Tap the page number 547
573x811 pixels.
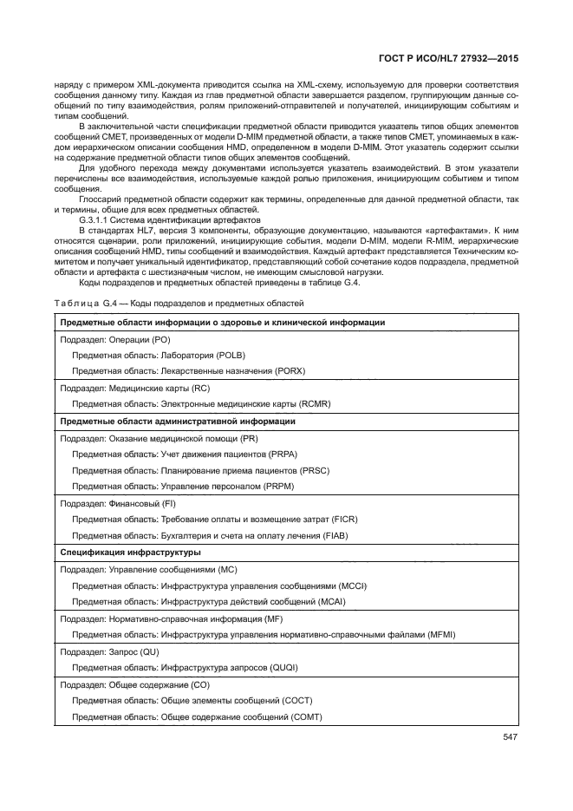coord(509,738)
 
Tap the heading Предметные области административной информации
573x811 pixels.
coord(178,422)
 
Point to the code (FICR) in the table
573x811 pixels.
coord(341,520)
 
